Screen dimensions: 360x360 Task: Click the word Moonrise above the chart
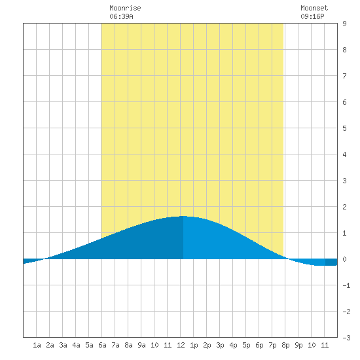pyautogui.click(x=125, y=8)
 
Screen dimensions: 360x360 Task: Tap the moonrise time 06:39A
pyautogui.click(x=121, y=16)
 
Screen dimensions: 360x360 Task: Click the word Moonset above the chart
pyautogui.click(x=314, y=8)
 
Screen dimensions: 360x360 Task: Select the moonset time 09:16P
pyautogui.click(x=312, y=16)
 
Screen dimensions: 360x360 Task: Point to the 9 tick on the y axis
pyautogui.click(x=344, y=24)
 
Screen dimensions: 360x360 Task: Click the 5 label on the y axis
pyautogui.click(x=344, y=128)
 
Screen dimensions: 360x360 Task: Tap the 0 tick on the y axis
pyautogui.click(x=344, y=259)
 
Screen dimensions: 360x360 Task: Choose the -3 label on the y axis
pyautogui.click(x=346, y=338)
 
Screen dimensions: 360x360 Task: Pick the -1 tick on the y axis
pyautogui.click(x=346, y=285)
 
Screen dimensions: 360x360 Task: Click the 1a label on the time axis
pyautogui.click(x=37, y=345)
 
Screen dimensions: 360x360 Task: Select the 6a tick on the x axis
pyautogui.click(x=102, y=345)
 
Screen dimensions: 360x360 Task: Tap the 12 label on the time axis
pyautogui.click(x=181, y=345)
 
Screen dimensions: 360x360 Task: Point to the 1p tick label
pyautogui.click(x=194, y=345)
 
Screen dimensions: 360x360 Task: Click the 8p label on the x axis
pyautogui.click(x=285, y=345)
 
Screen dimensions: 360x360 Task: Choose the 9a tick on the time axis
pyautogui.click(x=141, y=345)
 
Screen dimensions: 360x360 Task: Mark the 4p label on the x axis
pyautogui.click(x=233, y=345)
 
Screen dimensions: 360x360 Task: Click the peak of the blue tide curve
pyautogui.click(x=183, y=216)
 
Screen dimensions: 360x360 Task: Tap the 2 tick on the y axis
pyautogui.click(x=344, y=207)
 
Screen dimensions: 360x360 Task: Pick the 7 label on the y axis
pyautogui.click(x=344, y=76)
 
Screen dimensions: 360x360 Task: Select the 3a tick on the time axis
pyautogui.click(x=63, y=345)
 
